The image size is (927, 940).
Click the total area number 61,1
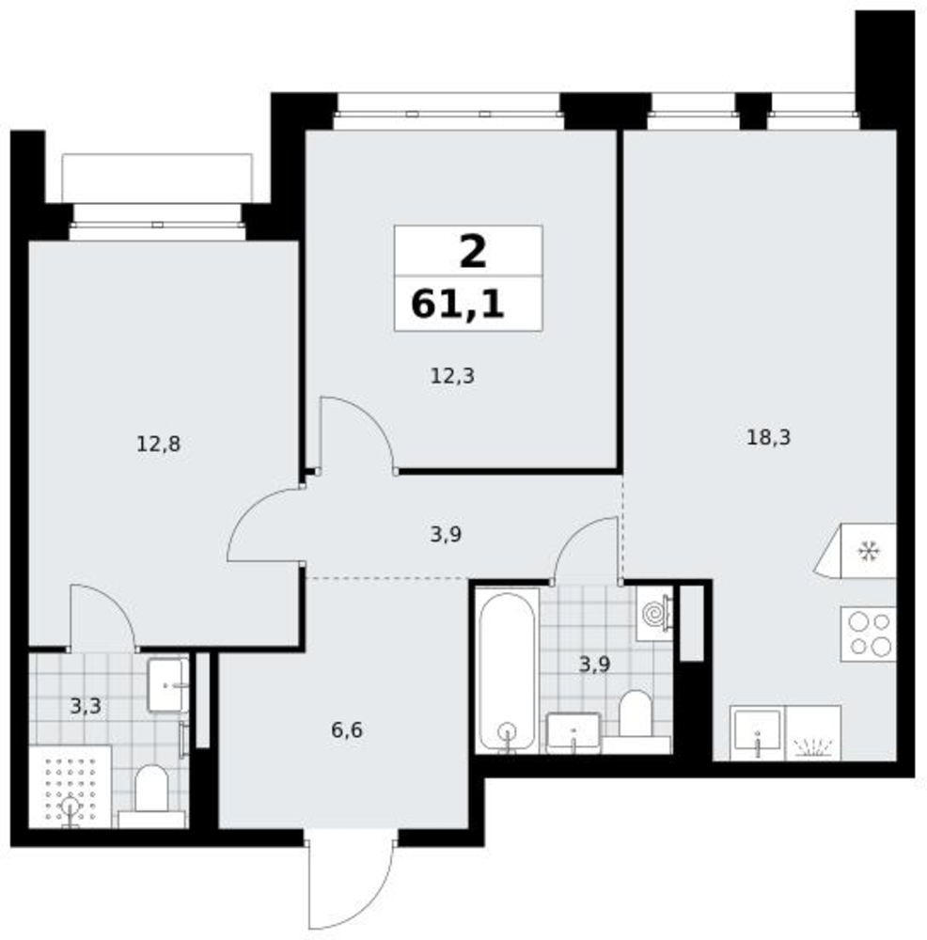tap(458, 304)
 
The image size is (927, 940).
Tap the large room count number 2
tap(473, 252)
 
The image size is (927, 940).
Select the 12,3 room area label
tap(452, 377)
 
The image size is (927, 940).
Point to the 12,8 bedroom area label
tap(158, 445)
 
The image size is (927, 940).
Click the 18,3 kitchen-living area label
tap(768, 438)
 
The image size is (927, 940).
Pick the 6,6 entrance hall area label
tap(347, 730)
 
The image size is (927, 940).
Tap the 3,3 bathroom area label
tap(86, 707)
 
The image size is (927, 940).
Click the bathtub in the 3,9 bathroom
tap(508, 671)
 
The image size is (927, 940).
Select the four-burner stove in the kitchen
tap(868, 634)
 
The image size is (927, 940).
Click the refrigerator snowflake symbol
tap(868, 551)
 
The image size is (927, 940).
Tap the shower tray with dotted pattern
tap(71, 787)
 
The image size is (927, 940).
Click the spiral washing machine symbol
tap(653, 614)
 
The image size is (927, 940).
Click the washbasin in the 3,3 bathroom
tap(168, 685)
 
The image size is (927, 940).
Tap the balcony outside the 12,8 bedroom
tap(157, 178)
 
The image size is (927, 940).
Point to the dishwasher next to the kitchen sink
tap(812, 733)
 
